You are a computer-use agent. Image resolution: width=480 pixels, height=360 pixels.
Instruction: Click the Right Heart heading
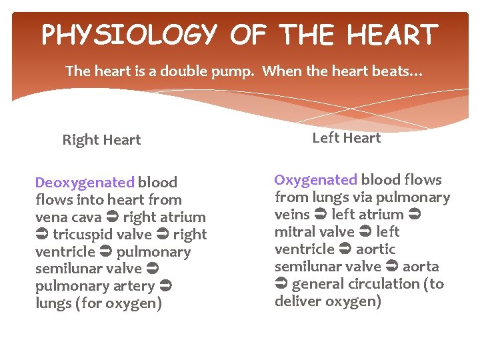(101, 140)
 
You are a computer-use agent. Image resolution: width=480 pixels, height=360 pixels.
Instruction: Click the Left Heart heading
(347, 138)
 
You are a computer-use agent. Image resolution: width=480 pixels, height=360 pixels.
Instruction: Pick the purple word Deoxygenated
(85, 183)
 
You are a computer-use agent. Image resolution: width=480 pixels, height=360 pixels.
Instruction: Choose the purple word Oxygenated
(316, 180)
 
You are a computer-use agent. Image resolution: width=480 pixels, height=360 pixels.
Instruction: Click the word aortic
(376, 249)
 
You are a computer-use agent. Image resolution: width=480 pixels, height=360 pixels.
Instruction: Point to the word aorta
(420, 267)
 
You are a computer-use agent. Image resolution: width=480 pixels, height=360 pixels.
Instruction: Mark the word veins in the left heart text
(292, 215)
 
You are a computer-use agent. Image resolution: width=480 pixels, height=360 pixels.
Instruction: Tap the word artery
(134, 287)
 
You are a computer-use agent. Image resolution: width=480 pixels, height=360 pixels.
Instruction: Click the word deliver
(297, 301)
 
